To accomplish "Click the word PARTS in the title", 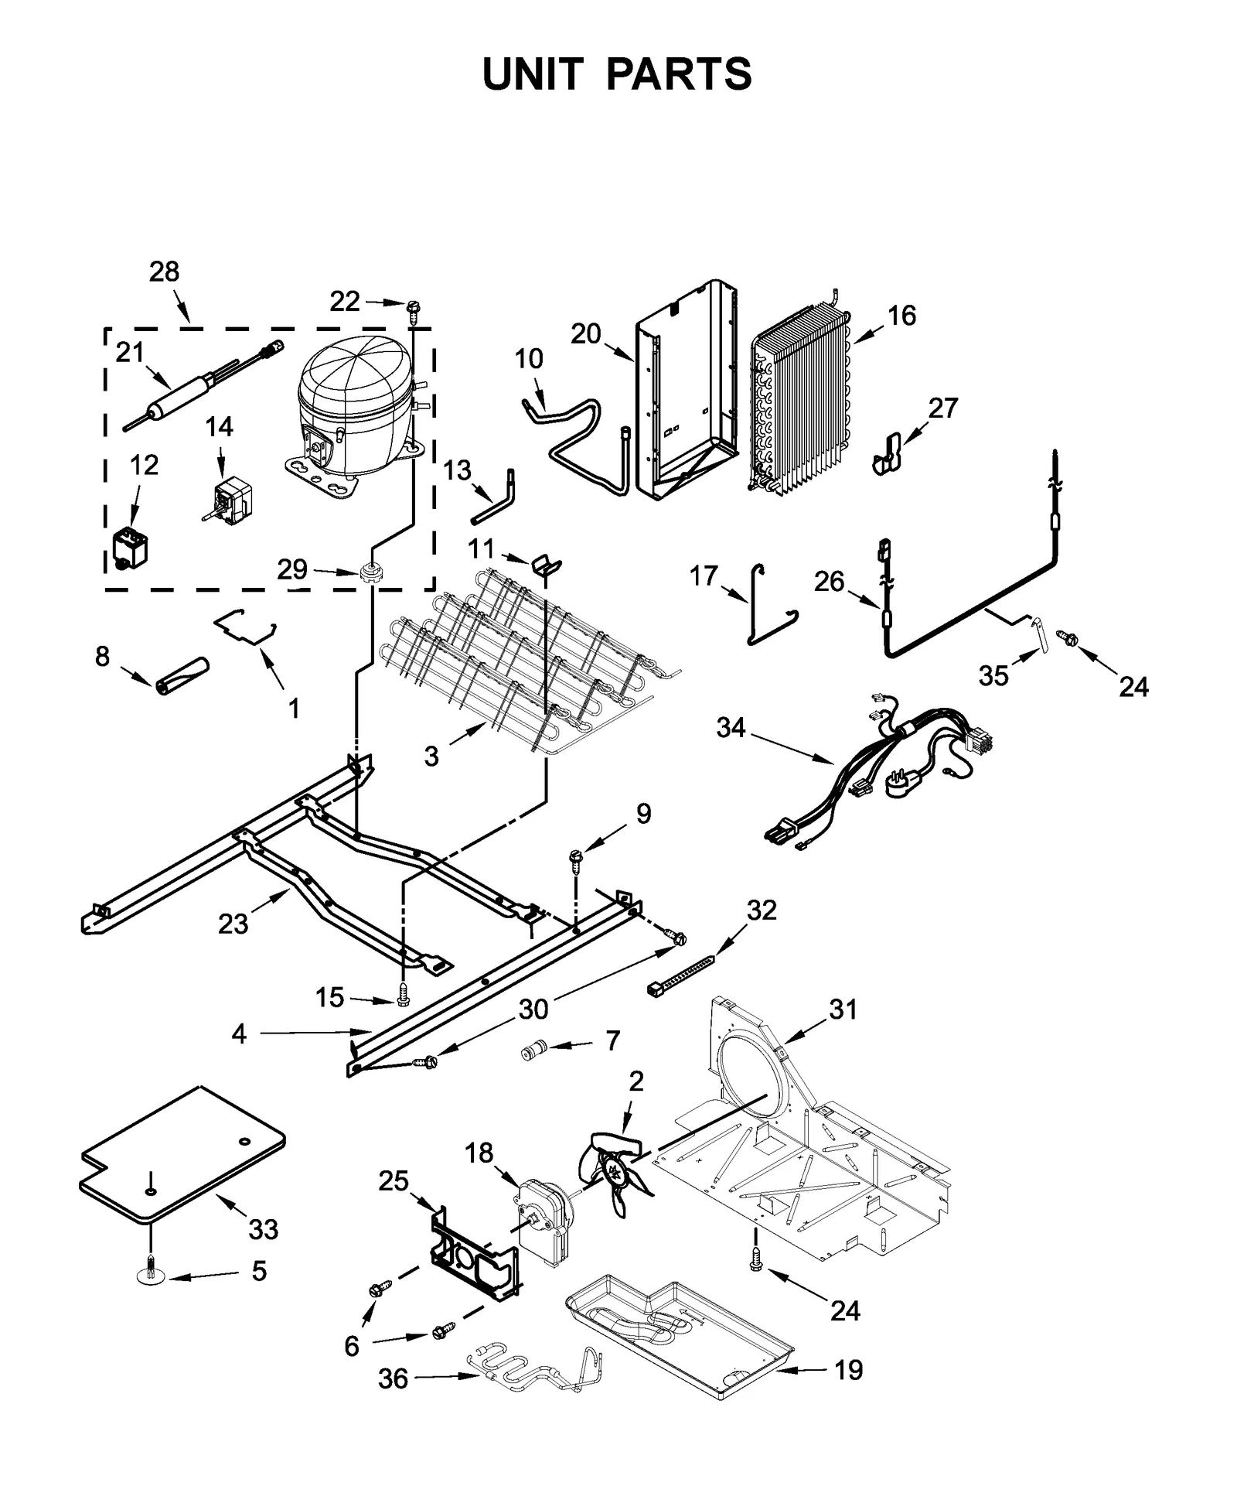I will coord(678,75).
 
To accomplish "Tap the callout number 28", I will coord(164,272).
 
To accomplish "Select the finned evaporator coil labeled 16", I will coord(800,402).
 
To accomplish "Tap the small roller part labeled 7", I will coord(533,1050).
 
